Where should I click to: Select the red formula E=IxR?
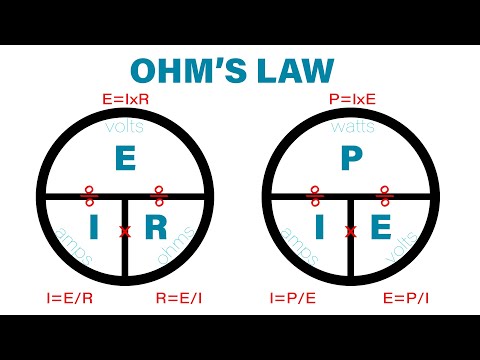click(125, 100)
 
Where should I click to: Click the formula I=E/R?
click(67, 297)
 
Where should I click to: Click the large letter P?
click(350, 159)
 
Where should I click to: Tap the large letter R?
click(157, 229)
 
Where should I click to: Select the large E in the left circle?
click(124, 159)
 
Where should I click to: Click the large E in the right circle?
click(382, 229)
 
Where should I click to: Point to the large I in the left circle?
click(94, 229)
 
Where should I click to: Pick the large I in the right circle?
click(320, 229)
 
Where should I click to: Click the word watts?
click(351, 127)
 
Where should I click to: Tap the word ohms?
click(171, 256)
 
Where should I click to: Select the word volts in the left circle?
click(124, 127)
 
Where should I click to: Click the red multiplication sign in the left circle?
click(125, 232)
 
